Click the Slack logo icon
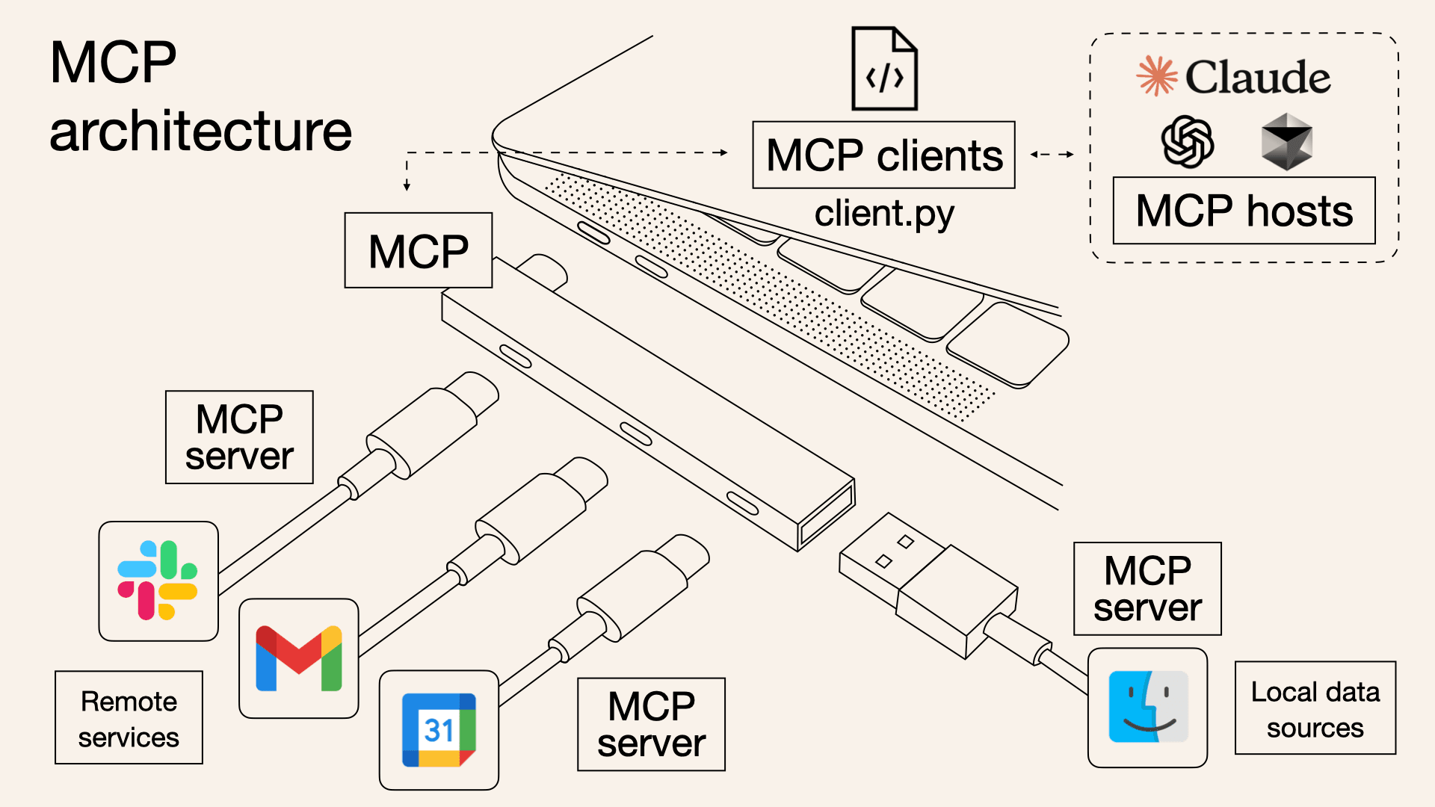coord(158,581)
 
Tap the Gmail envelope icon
coord(298,658)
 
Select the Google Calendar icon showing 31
coord(439,730)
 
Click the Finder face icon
coord(1147,707)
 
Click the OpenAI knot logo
coord(1187,141)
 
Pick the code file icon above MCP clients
coord(884,69)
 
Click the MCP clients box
coord(883,155)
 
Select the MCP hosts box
coord(1244,211)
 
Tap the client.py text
coord(883,214)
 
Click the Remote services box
coord(129,718)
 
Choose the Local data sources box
coord(1315,708)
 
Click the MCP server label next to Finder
coord(1147,589)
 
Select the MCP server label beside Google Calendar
coord(651,724)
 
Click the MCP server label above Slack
coord(239,437)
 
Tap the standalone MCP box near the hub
coord(418,250)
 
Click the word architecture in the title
coord(200,132)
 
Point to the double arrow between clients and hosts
coord(1052,155)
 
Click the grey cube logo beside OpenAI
coord(1286,141)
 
